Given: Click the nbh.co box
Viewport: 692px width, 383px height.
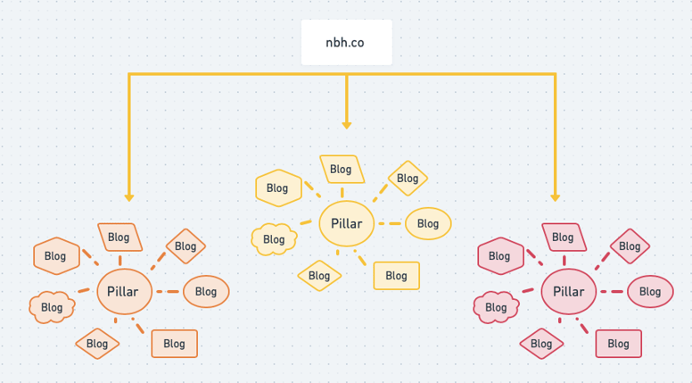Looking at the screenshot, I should [346, 42].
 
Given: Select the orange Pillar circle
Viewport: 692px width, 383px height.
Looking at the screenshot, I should [123, 292].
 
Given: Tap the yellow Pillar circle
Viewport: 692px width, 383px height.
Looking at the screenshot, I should [346, 223].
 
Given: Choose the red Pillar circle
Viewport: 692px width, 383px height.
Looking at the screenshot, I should [568, 292].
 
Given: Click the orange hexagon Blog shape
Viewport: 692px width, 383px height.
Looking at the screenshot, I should [55, 256].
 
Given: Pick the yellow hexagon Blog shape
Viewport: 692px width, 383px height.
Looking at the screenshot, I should [277, 188].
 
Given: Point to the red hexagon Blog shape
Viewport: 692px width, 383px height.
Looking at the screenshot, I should [499, 256].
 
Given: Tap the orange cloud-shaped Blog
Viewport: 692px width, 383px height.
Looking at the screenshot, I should [52, 307].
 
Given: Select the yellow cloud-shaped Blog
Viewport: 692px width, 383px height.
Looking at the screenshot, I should [274, 239].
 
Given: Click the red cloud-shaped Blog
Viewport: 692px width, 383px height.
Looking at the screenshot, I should [496, 307].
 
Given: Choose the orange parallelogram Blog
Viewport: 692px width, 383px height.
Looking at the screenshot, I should [119, 237].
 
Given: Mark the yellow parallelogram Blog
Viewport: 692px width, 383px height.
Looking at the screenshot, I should [341, 169].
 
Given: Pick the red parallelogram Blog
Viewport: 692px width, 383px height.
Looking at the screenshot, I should [563, 237].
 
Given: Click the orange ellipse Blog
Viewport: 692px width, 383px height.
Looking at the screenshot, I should [206, 292].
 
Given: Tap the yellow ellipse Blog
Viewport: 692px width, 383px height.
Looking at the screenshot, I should [428, 223].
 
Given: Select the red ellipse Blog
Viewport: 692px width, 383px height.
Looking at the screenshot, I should [650, 292].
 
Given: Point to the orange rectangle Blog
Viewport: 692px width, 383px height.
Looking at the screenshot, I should [174, 344].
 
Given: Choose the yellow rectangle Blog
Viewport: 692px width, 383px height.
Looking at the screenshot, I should [396, 276].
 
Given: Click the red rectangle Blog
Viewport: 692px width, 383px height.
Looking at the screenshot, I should [618, 344].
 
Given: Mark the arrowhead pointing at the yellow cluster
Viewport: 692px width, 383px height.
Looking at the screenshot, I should [347, 125].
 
